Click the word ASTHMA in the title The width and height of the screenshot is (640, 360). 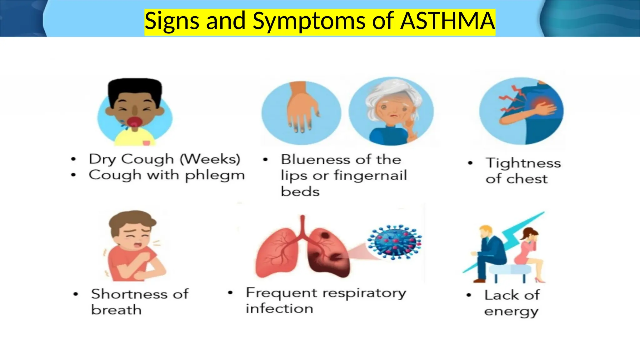coord(447,21)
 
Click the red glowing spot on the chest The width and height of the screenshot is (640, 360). coord(542,103)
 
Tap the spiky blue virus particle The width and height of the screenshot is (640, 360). coord(395,242)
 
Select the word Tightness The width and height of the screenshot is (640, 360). coord(523,163)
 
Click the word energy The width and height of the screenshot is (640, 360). coord(511,312)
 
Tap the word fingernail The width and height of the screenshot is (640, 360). coord(370,176)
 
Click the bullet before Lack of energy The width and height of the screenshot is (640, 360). coord(468,295)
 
